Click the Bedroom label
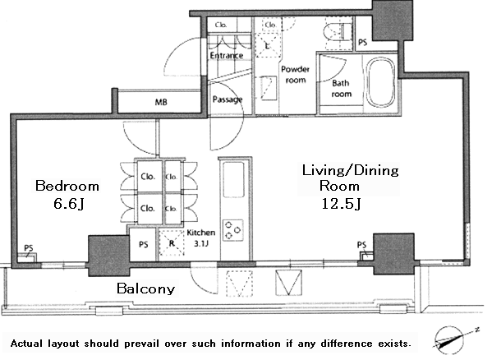(67, 186)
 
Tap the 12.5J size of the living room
(341, 204)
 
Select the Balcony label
(146, 288)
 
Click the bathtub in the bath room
(381, 82)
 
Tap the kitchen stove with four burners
(232, 230)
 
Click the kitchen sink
(233, 179)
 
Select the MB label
(161, 102)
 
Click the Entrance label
(227, 56)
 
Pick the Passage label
(228, 99)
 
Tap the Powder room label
(295, 75)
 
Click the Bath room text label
(342, 89)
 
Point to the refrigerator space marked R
(172, 243)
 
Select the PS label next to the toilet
(363, 42)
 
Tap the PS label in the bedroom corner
(29, 248)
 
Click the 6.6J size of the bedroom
(68, 204)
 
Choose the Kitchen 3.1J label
(200, 238)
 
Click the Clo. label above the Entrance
(221, 25)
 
